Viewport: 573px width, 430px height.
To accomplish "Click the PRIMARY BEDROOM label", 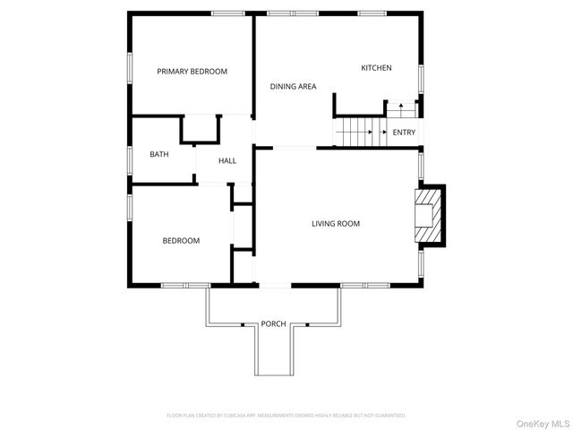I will (192, 72).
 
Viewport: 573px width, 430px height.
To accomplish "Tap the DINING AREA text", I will (294, 87).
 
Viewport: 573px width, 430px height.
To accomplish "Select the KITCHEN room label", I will (376, 68).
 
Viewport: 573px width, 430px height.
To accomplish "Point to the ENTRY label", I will (404, 133).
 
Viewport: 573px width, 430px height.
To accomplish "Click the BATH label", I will (158, 154).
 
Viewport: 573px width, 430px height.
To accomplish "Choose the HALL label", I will (227, 160).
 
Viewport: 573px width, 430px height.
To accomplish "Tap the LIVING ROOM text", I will (336, 224).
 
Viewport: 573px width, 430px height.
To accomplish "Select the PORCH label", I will (273, 323).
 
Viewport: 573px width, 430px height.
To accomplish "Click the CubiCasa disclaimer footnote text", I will (286, 416).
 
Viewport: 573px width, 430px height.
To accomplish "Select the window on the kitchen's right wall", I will (421, 77).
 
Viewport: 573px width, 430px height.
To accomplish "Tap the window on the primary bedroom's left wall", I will (131, 67).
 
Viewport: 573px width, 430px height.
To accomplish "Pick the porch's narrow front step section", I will (273, 354).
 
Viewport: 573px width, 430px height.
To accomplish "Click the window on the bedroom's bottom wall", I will (184, 286).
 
